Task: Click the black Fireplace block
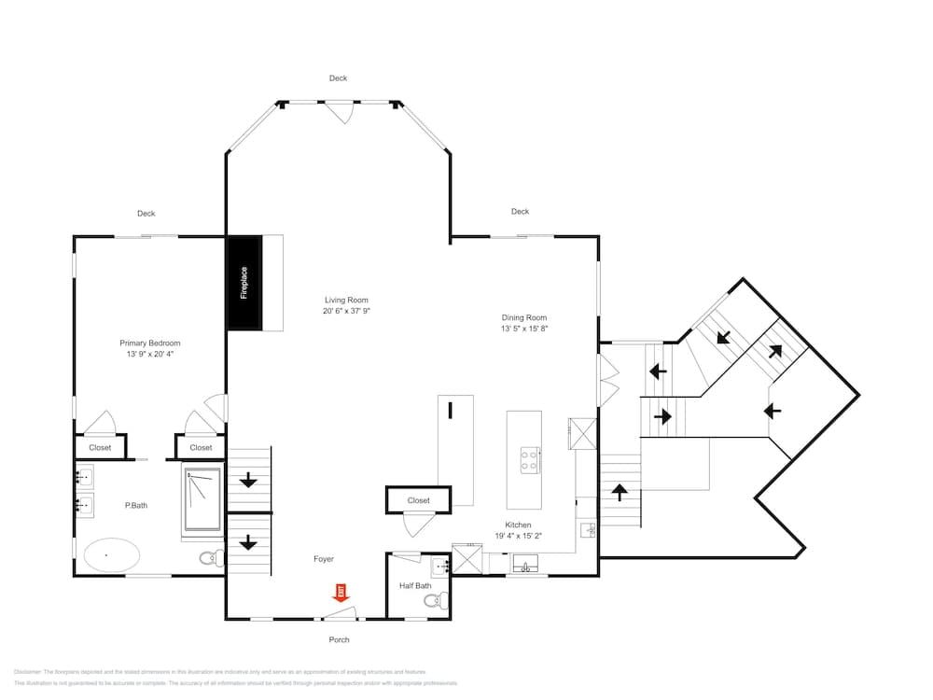coord(244,282)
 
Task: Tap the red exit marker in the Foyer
coord(341,592)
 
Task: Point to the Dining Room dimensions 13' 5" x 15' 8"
coord(523,329)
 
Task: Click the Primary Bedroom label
coord(150,343)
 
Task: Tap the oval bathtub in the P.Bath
coord(112,555)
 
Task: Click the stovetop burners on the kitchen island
coord(529,459)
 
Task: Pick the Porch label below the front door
coord(339,639)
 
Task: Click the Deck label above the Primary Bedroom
coord(146,214)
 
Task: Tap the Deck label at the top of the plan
coord(338,78)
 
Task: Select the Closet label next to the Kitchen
coord(419,500)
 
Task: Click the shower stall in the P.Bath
coord(202,498)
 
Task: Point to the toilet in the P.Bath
coord(211,558)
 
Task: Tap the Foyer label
coord(323,559)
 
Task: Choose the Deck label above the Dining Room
coord(520,212)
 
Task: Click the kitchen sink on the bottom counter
coord(525,566)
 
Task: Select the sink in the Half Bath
coord(440,567)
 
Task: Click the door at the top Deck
coord(343,112)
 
